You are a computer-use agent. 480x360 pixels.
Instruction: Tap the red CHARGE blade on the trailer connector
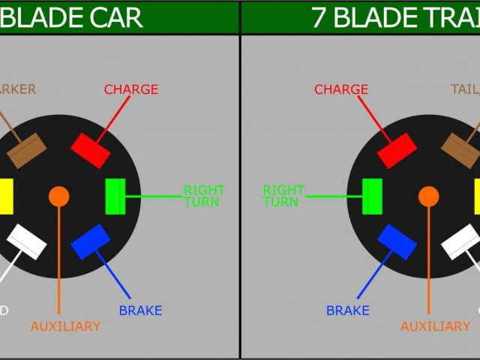(x=397, y=151)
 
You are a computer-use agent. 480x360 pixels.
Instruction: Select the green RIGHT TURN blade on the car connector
(x=115, y=196)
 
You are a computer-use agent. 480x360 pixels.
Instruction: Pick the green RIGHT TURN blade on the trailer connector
(x=372, y=196)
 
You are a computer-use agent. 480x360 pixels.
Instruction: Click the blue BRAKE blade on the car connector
(x=91, y=241)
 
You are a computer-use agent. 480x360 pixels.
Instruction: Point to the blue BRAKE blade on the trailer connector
(x=397, y=241)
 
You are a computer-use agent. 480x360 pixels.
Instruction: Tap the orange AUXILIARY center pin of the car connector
(x=58, y=196)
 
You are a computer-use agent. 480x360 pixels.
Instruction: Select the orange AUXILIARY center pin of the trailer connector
(x=429, y=196)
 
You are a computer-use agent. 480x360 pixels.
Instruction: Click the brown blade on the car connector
(x=27, y=151)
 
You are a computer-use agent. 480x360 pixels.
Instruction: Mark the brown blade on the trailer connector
(x=460, y=151)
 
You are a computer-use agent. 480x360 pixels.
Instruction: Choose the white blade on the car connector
(x=27, y=241)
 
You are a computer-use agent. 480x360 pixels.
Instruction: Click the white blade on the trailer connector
(x=460, y=241)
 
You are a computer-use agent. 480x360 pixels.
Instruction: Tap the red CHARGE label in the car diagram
(x=131, y=90)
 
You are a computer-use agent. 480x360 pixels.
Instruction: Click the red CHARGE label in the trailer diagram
(x=341, y=90)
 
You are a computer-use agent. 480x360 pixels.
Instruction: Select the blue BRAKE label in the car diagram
(x=140, y=310)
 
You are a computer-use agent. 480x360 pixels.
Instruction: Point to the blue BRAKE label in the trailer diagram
(x=347, y=310)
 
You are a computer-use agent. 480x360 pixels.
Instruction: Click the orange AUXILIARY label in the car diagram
(x=65, y=327)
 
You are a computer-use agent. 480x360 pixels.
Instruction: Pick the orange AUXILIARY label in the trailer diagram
(x=435, y=327)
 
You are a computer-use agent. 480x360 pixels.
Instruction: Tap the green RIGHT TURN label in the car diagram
(x=204, y=196)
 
